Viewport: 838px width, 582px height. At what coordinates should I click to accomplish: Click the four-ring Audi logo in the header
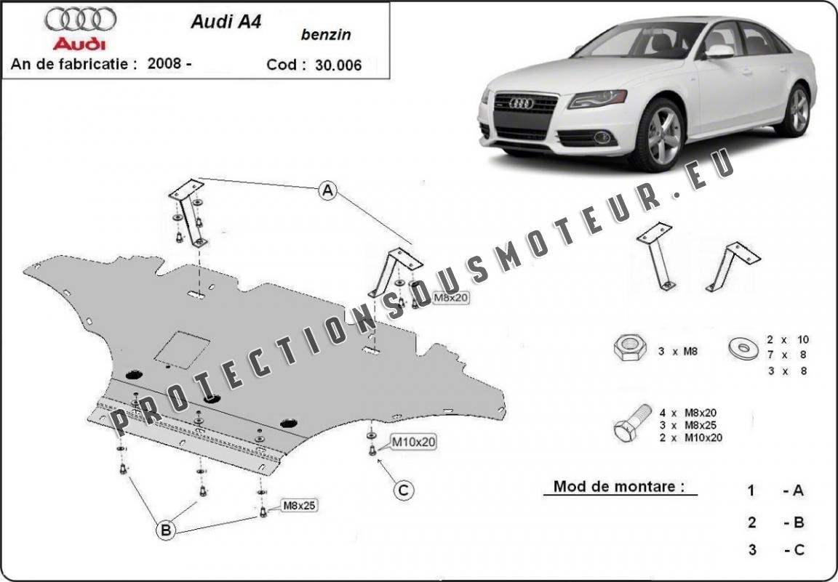[80, 19]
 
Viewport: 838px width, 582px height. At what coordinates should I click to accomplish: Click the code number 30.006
[338, 65]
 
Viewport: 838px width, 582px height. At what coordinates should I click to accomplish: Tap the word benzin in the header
[326, 35]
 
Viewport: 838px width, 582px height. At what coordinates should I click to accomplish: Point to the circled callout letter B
[166, 530]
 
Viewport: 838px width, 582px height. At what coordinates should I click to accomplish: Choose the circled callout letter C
[404, 490]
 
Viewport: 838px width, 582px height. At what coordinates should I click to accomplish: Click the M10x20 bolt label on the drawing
[414, 442]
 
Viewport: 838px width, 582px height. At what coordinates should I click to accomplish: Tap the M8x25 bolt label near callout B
[299, 505]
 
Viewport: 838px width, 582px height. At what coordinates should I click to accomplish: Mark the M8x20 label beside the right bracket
[450, 298]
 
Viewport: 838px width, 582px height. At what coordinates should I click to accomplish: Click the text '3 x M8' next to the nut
[678, 352]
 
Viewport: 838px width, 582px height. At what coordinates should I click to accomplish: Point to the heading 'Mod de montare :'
[619, 486]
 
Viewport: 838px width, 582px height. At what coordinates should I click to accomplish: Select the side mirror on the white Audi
[719, 52]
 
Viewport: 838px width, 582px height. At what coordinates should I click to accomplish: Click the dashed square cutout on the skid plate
[183, 350]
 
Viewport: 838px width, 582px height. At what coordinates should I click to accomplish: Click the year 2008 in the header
[166, 63]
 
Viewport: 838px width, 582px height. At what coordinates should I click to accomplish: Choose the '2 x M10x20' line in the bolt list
[690, 438]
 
